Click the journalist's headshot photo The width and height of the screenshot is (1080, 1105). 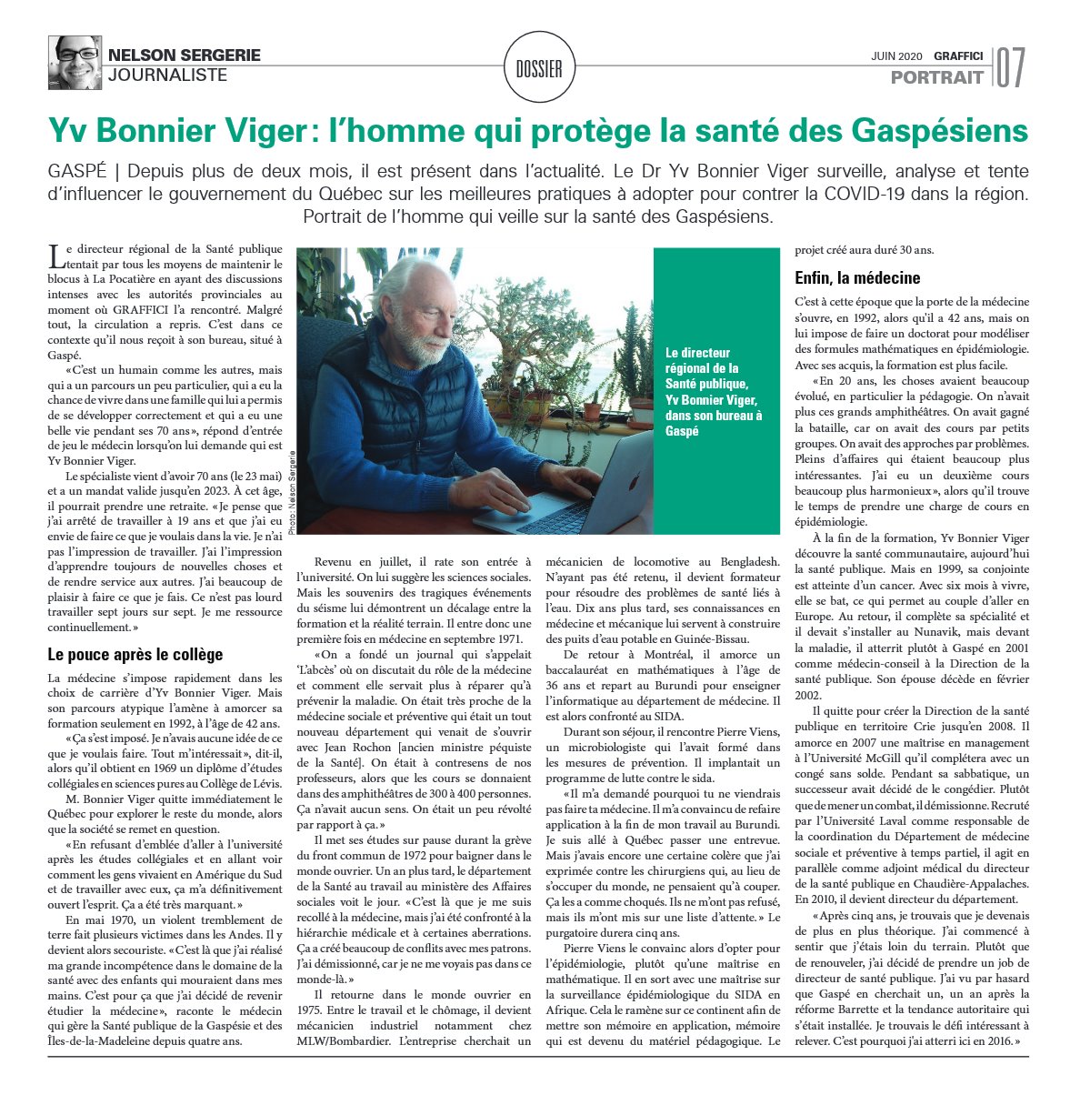click(75, 62)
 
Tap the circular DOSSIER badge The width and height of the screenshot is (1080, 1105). click(539, 68)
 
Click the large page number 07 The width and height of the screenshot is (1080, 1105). click(1011, 67)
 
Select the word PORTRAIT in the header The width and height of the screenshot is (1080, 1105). click(937, 77)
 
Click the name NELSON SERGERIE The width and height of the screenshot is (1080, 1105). click(184, 55)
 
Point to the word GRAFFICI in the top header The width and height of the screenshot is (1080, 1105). click(958, 55)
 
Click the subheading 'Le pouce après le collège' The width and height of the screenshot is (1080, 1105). click(135, 655)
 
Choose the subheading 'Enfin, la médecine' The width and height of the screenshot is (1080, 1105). click(857, 277)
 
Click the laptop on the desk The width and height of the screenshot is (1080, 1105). click(582, 491)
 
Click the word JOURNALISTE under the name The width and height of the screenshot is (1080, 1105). click(167, 75)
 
